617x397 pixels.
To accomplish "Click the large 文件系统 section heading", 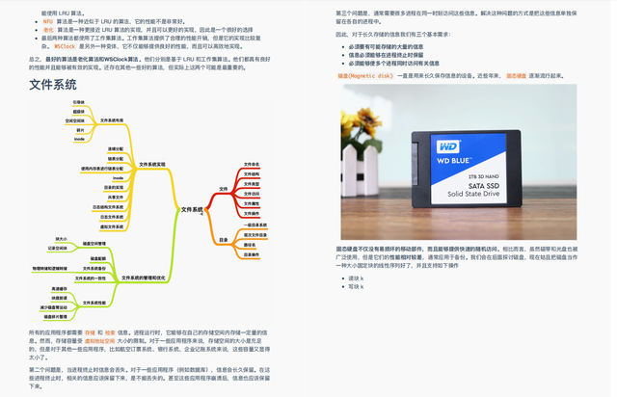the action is (x=54, y=85).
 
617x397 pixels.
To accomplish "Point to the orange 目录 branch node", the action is (x=223, y=238).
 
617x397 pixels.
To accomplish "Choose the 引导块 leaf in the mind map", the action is (x=79, y=101).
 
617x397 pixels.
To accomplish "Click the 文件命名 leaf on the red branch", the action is (x=252, y=165).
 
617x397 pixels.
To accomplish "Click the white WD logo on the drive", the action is (x=448, y=146).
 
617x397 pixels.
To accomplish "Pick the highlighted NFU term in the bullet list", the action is (x=48, y=20).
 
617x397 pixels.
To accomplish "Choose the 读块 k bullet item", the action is (x=357, y=278).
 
